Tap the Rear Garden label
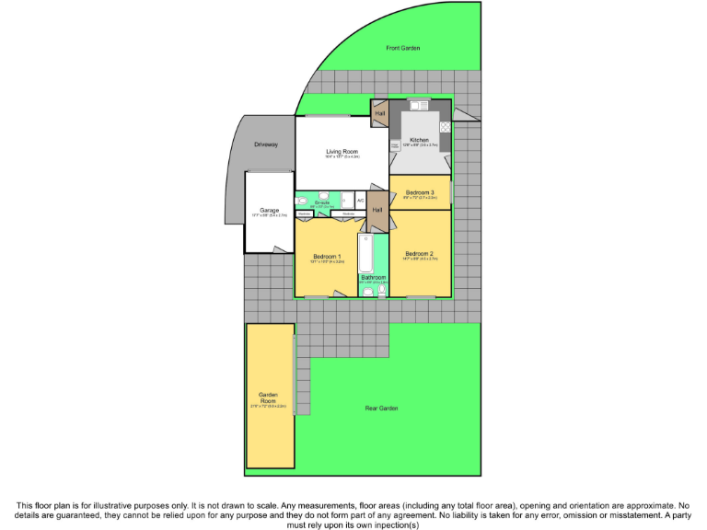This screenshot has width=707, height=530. coord(381,408)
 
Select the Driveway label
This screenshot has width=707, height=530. coord(267,145)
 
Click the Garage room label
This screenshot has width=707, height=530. coord(269,211)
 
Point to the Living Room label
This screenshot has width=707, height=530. coord(342,151)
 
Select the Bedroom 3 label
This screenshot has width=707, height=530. coord(420,192)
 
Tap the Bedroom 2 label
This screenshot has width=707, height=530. coord(419,253)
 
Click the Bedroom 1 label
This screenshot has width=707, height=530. coord(327,256)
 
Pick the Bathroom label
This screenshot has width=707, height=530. coord(373,277)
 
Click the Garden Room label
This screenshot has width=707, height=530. coord(268,397)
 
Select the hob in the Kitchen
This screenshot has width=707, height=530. coord(445,127)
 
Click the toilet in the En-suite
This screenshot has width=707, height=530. coord(301,201)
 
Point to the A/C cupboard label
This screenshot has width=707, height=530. coord(361,200)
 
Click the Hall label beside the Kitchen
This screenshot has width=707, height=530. coord(379,114)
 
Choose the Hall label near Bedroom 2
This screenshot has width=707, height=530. coord(377,210)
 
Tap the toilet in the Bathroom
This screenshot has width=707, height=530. coord(381,291)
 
